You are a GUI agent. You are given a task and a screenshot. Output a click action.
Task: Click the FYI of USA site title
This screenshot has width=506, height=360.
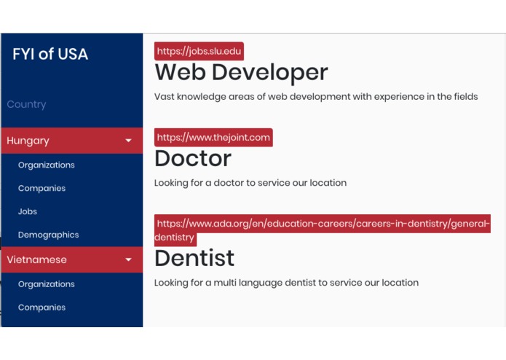[x=50, y=54]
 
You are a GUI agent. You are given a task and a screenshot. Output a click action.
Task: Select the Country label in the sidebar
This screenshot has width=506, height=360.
[x=26, y=104]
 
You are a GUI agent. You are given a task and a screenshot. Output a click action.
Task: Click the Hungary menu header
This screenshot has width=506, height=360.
[x=28, y=141]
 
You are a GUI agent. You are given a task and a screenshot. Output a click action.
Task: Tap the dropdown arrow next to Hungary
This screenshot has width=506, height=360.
[x=129, y=141]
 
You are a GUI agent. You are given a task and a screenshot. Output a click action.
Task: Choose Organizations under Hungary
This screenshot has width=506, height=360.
[x=47, y=165]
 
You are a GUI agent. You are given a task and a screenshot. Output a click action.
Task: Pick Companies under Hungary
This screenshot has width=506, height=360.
[x=41, y=188]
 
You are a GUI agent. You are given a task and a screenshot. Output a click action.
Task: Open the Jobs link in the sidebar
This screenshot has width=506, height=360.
[x=28, y=211]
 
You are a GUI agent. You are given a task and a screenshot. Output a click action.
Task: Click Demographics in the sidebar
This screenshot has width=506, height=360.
[x=48, y=235]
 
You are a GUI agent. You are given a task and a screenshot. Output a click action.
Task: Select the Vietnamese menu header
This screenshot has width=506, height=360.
[x=36, y=259]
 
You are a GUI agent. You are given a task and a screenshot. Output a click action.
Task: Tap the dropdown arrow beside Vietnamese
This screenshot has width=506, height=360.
[x=129, y=259]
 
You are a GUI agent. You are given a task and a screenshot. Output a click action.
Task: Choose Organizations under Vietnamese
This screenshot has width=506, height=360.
[x=47, y=284]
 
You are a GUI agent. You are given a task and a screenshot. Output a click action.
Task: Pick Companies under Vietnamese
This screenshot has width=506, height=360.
[x=41, y=308]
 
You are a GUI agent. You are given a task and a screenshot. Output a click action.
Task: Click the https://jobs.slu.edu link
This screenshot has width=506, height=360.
[x=199, y=51]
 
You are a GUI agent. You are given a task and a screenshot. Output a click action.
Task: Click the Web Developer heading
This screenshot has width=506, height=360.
[x=241, y=72]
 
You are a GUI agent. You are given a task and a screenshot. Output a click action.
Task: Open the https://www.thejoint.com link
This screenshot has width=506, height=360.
[x=213, y=137]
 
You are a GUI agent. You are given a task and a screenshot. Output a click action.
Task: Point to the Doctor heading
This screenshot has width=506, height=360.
[x=193, y=158]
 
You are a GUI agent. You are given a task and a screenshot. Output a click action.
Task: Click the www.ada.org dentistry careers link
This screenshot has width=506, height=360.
[x=323, y=224]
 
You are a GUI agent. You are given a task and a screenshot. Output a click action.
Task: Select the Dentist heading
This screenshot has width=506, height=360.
[x=194, y=258]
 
